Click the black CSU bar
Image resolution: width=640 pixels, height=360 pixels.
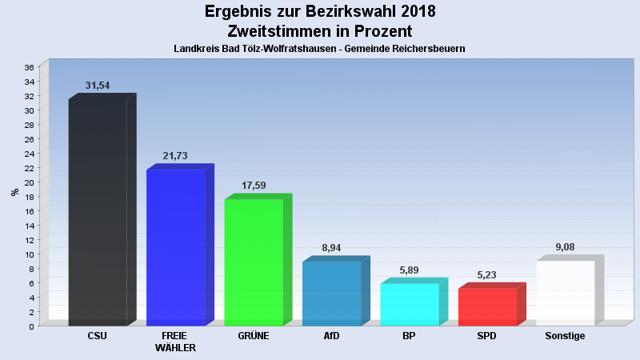point(98,212)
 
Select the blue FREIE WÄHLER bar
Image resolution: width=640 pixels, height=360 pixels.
point(176,248)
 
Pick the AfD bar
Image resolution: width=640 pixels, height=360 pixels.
point(331,294)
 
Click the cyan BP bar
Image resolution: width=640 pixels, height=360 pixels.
point(410,305)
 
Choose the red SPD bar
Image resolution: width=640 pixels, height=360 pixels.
point(487,307)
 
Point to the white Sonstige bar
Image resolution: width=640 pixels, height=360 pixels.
point(565,294)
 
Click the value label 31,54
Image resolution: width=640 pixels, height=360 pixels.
point(98,86)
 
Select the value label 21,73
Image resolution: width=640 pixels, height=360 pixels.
point(175,156)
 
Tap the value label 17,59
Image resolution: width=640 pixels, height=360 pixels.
point(254,186)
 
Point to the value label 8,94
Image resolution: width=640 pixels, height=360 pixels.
point(331,248)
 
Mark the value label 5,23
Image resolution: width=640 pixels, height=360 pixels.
point(487,274)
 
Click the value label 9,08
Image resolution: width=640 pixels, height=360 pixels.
point(565,247)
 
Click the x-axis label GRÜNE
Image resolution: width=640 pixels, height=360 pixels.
point(254,336)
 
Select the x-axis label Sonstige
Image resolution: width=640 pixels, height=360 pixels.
point(565,336)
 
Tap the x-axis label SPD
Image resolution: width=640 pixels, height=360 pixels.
point(487,336)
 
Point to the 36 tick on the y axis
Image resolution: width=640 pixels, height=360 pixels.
point(29,67)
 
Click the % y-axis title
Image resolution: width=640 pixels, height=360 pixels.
point(15,192)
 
